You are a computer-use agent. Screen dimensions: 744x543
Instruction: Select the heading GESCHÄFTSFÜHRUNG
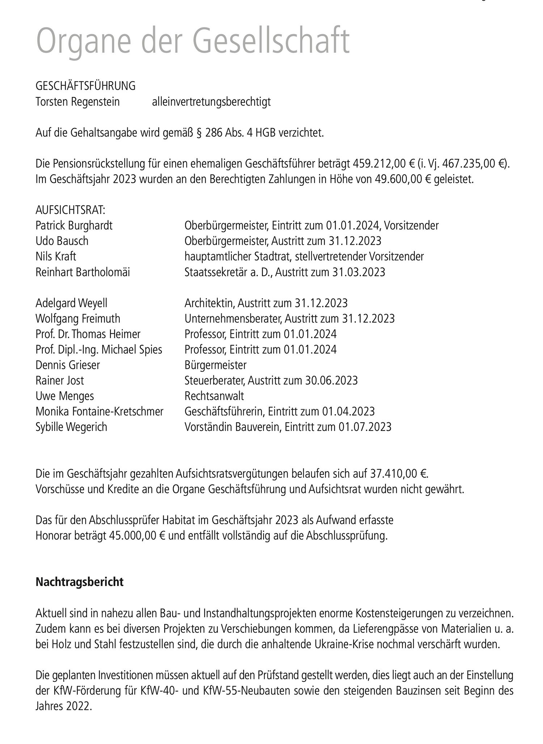(85, 86)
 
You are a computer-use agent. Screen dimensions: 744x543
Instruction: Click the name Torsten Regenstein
(77, 102)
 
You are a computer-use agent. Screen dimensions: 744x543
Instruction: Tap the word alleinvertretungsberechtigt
(211, 102)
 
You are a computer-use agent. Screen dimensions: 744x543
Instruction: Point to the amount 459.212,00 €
(383, 164)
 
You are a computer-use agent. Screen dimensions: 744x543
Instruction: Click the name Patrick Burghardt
(74, 226)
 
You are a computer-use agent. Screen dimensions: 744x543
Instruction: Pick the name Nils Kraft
(56, 257)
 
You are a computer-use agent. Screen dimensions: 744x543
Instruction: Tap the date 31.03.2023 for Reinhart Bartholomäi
(358, 272)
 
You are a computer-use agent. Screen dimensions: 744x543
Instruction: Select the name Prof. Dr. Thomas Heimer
(88, 334)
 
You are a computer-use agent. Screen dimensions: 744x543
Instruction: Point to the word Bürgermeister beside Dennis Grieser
(215, 365)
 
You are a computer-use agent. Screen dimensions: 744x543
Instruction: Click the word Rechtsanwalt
(214, 396)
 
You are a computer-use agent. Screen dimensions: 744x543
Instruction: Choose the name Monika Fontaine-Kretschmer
(100, 411)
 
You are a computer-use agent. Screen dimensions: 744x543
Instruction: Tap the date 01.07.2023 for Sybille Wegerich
(365, 427)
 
